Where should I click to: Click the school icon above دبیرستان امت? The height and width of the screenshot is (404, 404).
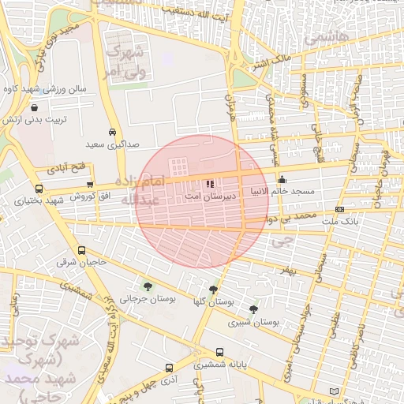210,183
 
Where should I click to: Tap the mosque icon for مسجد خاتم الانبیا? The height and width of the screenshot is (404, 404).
282,180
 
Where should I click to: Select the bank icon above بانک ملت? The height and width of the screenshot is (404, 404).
339,209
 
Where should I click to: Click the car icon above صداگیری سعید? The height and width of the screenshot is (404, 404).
113,133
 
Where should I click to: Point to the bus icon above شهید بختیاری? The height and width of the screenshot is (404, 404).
39,189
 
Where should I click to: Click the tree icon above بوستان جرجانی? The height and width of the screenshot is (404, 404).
148,286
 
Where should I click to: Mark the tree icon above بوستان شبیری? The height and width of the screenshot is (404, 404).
253,309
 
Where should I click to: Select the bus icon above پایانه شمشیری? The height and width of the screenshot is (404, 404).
219,353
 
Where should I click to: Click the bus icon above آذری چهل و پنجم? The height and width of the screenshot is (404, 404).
169,368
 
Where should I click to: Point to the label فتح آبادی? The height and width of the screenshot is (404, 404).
70,168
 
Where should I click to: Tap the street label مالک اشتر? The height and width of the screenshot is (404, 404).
275,58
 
